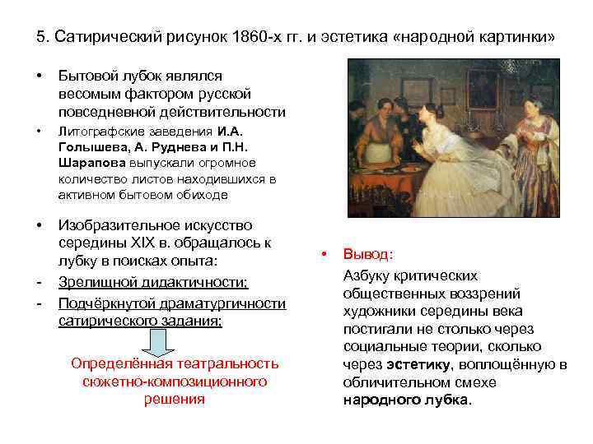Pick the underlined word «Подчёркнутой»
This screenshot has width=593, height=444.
(101, 303)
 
